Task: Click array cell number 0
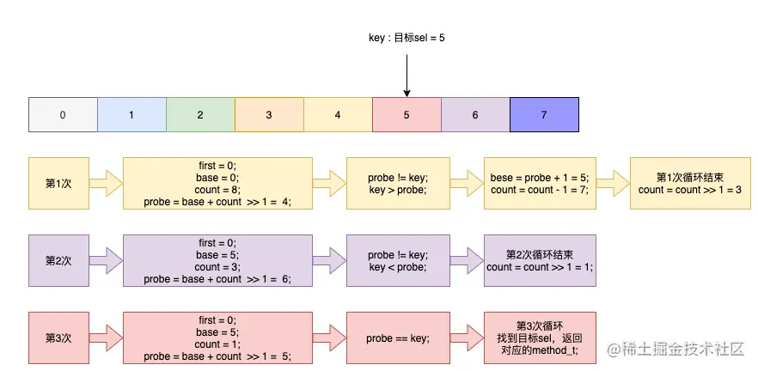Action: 63,114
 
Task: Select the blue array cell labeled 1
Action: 131,114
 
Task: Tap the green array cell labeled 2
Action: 200,114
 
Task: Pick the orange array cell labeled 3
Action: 269,114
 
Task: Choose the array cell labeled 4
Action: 338,114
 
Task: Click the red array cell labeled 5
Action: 407,114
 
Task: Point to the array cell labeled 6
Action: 475,114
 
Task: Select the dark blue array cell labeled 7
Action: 544,114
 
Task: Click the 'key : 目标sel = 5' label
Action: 407,38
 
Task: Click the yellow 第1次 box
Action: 58,183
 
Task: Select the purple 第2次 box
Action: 58,260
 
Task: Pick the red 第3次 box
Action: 58,338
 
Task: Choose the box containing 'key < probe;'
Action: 398,260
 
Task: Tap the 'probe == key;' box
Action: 398,338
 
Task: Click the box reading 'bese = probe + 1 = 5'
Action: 540,183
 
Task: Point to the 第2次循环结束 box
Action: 540,260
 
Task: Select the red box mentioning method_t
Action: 540,338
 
